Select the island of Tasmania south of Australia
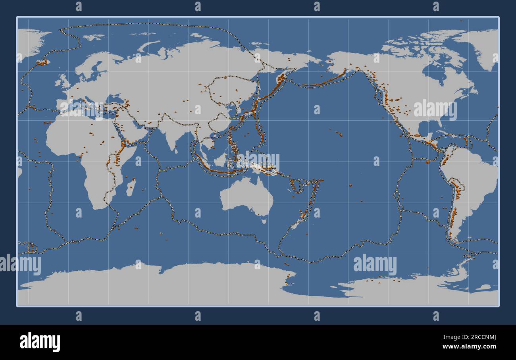point(264,220)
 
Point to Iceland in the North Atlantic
point(42,62)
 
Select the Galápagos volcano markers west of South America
point(428,162)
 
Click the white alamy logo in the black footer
point(40,342)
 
